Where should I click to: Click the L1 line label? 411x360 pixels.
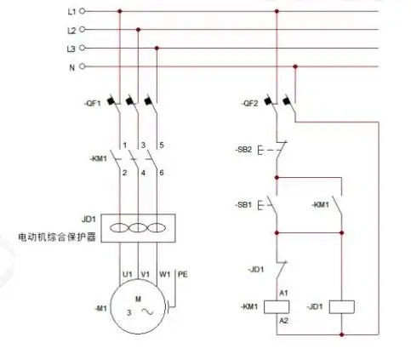[x=71, y=12]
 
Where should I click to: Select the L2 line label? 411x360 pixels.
[x=71, y=30]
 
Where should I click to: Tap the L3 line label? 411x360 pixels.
[x=71, y=48]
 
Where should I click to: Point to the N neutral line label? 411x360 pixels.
[x=71, y=66]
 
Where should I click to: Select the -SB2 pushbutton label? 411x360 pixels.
[x=244, y=149]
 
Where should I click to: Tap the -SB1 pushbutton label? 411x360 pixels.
[x=244, y=205]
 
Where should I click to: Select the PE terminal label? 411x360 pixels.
[x=181, y=274]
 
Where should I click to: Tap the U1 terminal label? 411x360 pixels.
[x=126, y=274]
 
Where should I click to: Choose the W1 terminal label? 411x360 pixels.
[x=164, y=274]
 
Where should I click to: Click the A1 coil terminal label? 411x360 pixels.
[x=285, y=292]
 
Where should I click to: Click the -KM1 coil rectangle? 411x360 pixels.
[x=276, y=306]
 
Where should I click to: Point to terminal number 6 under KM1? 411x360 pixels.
[x=161, y=173]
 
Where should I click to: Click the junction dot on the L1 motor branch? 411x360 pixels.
[x=119, y=12]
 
